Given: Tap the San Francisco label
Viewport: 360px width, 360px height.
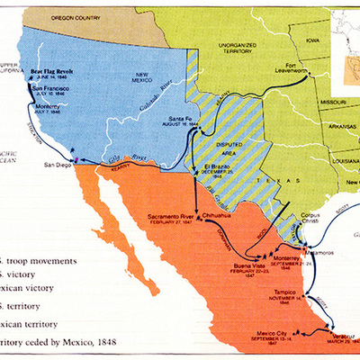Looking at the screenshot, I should (51, 90).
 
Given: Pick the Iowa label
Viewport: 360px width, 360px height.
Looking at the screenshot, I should (311, 40).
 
